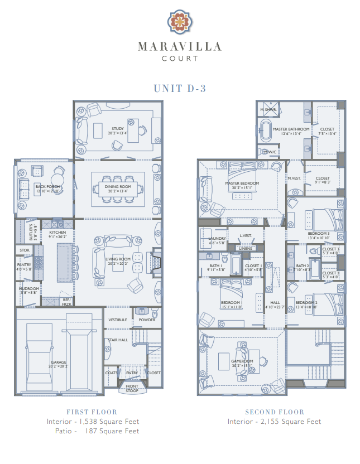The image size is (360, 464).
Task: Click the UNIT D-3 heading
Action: pos(180,88)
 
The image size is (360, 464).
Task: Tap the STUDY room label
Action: pos(117,129)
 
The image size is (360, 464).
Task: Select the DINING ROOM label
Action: pos(118,187)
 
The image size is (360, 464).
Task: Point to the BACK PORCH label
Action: pos(47,187)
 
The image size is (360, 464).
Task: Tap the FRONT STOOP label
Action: pos(132,387)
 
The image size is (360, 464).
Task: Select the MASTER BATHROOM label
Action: pos(291,129)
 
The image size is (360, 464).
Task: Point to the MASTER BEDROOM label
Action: pos(242,183)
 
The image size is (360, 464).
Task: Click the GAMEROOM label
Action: pos(242,361)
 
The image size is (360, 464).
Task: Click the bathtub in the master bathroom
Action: pos(266,133)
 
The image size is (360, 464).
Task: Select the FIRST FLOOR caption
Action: pos(92,412)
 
